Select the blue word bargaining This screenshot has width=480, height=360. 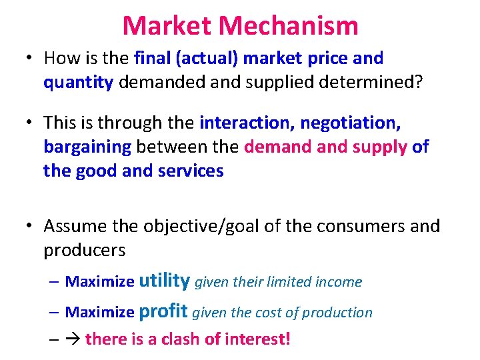coord(87,147)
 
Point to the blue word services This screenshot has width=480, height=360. coord(188,171)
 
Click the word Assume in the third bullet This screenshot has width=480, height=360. coord(76,227)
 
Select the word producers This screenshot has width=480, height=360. coord(84,250)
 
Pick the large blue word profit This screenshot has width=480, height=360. coord(164,311)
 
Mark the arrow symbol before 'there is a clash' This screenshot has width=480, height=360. coord(72,339)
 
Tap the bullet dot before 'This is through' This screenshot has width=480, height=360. coord(31,123)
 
